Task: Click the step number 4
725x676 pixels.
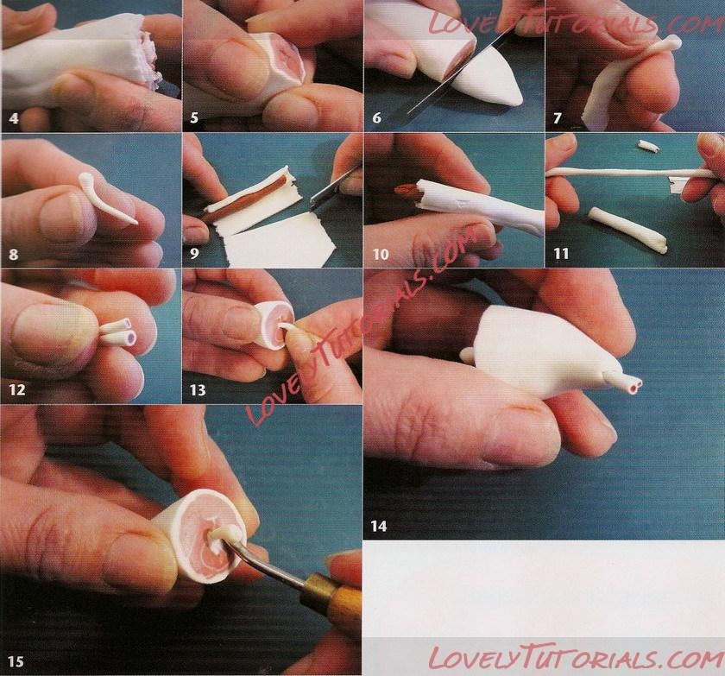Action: pyautogui.click(x=14, y=118)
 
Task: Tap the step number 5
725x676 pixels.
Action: pyautogui.click(x=194, y=118)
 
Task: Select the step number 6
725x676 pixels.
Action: pyautogui.click(x=377, y=118)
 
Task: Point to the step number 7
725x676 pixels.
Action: pyautogui.click(x=558, y=118)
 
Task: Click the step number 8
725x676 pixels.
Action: pyautogui.click(x=14, y=254)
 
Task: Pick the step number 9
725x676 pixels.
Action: pyautogui.click(x=194, y=253)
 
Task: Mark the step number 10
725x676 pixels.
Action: pyautogui.click(x=381, y=254)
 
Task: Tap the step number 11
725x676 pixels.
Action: pyautogui.click(x=561, y=253)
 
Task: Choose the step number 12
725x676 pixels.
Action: pyautogui.click(x=17, y=389)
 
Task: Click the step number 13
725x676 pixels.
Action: pyautogui.click(x=198, y=390)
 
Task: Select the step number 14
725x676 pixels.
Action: pyautogui.click(x=378, y=526)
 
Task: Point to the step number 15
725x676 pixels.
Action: pyautogui.click(x=16, y=661)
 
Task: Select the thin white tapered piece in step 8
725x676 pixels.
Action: pyautogui.click(x=105, y=198)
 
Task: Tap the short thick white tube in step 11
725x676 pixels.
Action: pyautogui.click(x=628, y=230)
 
